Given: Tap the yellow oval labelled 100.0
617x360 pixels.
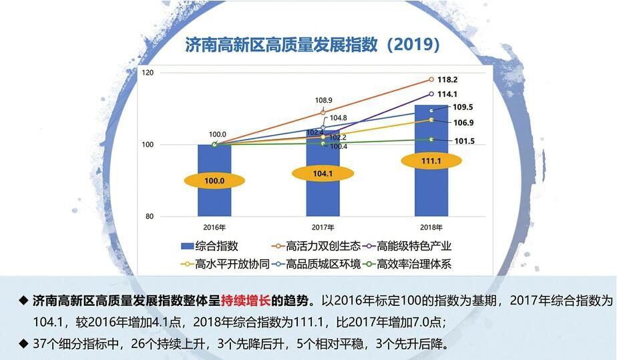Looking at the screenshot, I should pos(214,181).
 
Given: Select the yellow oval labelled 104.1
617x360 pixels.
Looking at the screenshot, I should pos(323,173).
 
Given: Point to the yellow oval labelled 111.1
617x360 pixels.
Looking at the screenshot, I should pos(431,161).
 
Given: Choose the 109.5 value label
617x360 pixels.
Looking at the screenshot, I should pos(463,108).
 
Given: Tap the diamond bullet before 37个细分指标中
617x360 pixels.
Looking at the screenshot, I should pos(24,345).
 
